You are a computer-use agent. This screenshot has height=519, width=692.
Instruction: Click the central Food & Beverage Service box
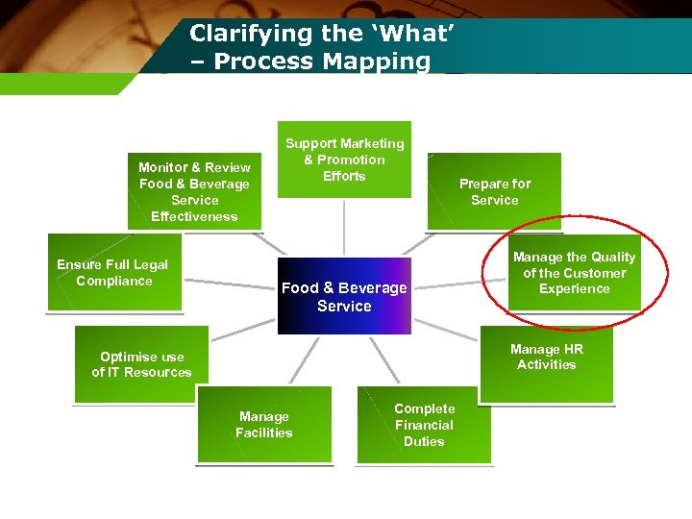pos(344,296)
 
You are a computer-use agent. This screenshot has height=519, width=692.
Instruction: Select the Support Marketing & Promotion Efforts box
pos(344,160)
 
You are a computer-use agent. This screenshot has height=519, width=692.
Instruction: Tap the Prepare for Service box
pos(494,192)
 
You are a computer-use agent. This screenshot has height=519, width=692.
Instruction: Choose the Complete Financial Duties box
pos(424,425)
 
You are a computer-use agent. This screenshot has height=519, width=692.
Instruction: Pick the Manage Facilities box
pos(264,425)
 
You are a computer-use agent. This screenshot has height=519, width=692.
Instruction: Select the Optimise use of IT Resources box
pos(141,365)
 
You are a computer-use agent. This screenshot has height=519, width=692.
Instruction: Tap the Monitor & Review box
pos(194,191)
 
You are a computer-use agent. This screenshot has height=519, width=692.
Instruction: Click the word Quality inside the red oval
pos(614,257)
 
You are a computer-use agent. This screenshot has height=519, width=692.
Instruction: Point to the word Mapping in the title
pos(377,62)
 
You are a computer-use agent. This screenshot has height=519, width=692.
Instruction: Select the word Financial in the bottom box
pos(424,425)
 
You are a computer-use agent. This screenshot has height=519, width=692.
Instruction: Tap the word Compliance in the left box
pos(114,281)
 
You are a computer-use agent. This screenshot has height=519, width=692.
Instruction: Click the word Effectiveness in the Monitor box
pos(194,216)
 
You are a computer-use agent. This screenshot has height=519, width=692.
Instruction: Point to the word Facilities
pos(264,432)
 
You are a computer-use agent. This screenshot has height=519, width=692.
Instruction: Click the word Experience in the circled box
pos(575,288)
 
